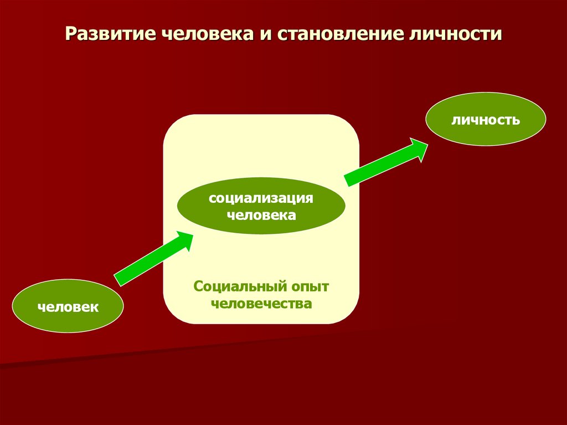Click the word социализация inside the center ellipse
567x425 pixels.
coord(261,198)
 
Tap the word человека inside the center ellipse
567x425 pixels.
coord(261,215)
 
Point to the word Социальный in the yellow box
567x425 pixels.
coord(240,288)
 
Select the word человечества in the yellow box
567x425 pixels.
coord(261,304)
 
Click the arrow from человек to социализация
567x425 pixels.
coord(152,259)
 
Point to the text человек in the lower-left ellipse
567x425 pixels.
coord(68,306)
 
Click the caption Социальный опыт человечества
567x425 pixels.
coord(261,295)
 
